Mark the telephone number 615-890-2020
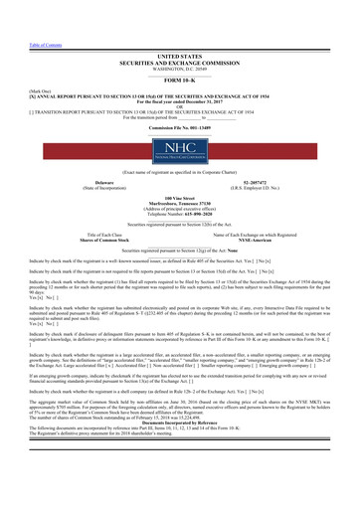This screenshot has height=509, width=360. point(195,184)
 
